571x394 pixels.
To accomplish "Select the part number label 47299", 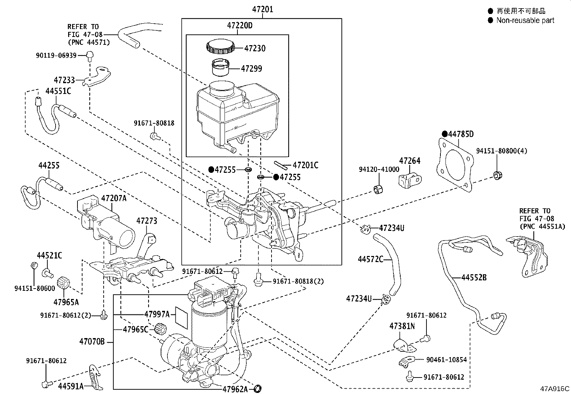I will (251, 68).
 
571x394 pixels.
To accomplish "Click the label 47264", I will (410, 161).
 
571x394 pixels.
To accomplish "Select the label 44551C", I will (58, 91).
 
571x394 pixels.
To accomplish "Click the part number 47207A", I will (114, 198).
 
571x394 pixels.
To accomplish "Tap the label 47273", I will (146, 221).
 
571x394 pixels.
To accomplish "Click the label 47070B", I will (92, 342).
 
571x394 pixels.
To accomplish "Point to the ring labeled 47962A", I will (258, 388).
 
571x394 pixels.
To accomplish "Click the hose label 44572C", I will (371, 259).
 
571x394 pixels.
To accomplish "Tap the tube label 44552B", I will (474, 277).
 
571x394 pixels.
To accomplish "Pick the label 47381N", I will (402, 326).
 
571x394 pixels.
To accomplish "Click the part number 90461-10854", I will (446, 360).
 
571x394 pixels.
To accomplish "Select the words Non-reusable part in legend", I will (525, 20).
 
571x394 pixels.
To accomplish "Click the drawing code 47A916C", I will (555, 389).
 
